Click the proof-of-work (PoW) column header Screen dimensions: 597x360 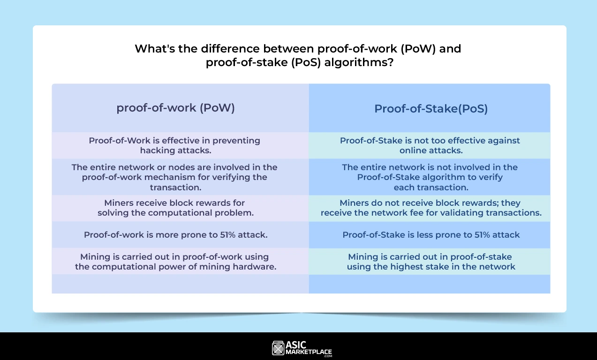click(x=175, y=108)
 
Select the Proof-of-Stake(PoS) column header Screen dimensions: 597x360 click(x=431, y=109)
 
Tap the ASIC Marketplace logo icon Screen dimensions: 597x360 click(x=278, y=348)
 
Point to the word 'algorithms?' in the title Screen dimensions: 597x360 click(x=359, y=62)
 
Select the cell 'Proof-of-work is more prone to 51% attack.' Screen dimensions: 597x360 click(x=176, y=235)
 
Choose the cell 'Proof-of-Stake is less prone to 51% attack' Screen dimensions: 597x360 click(x=431, y=235)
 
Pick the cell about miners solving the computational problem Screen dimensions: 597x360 click(x=175, y=208)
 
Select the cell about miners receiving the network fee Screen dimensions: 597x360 click(x=431, y=208)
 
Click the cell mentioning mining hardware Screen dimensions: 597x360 click(x=175, y=262)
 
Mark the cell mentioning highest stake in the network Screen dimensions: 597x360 click(x=431, y=262)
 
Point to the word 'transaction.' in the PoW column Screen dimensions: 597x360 click(x=175, y=187)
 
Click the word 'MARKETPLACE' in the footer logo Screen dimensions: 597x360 click(x=309, y=352)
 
